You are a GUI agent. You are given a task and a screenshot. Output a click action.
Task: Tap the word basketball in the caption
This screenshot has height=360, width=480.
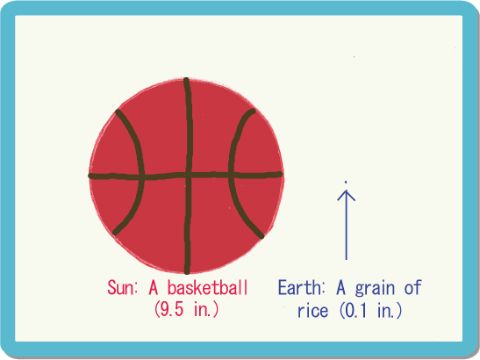click(x=208, y=287)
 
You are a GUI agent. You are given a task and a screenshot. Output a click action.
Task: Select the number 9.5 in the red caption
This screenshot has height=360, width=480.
click(x=172, y=309)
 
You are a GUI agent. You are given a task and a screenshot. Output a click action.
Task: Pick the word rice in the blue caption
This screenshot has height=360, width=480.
click(x=313, y=310)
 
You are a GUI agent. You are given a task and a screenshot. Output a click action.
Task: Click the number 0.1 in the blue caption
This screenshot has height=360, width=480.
click(x=355, y=310)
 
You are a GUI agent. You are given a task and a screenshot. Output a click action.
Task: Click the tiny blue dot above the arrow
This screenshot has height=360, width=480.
click(x=346, y=183)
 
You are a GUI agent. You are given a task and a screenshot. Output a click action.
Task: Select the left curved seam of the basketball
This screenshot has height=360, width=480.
click(x=141, y=171)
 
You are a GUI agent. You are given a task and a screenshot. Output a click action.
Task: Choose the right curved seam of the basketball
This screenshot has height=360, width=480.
click(x=232, y=171)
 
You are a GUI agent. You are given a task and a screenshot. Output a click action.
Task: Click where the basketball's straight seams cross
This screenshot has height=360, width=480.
click(x=188, y=176)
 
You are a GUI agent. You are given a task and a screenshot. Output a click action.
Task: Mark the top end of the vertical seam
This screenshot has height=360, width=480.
click(x=186, y=80)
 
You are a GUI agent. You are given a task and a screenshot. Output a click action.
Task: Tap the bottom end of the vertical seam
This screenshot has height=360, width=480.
click(x=187, y=271)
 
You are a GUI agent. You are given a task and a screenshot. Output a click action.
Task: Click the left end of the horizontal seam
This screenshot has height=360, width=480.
click(x=90, y=176)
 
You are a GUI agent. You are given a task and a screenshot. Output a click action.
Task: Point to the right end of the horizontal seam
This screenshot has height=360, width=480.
click(x=280, y=175)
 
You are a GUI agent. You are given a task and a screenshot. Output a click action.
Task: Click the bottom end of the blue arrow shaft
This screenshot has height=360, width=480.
click(x=347, y=260)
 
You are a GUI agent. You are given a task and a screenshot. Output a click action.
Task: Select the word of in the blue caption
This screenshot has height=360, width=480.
click(x=413, y=287)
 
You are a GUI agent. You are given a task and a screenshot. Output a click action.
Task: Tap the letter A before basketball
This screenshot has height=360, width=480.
click(x=154, y=288)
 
